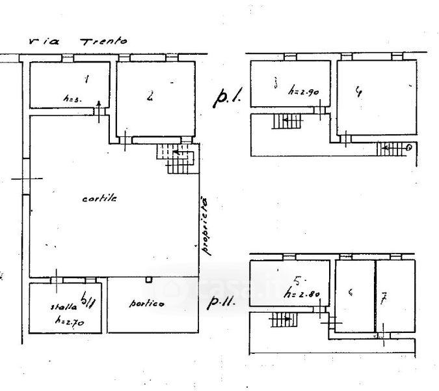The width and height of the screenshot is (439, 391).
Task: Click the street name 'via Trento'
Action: point(79,40)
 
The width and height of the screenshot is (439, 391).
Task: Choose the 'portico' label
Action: point(146,304)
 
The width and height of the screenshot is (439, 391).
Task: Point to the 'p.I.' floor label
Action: point(227,98)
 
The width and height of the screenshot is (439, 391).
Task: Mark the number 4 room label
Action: point(358,91)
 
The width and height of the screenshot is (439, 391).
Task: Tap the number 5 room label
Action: point(297,281)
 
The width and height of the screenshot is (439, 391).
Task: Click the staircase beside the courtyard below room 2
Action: point(176,157)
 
